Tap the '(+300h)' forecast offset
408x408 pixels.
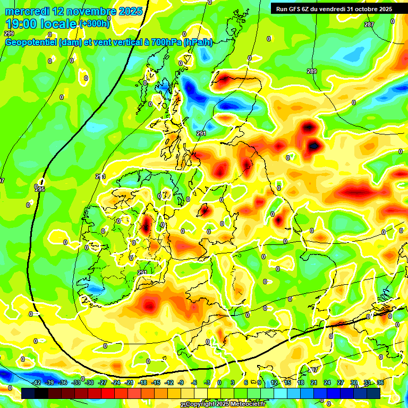[x=95, y=24]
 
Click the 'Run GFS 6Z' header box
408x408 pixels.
[x=297, y=9]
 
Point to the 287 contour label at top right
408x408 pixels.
[x=369, y=25]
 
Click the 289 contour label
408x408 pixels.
[x=312, y=71]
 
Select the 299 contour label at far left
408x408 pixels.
[x=9, y=33]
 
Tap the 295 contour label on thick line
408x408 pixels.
[x=40, y=189]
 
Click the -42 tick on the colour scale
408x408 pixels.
[x=36, y=382]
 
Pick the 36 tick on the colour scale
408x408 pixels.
[x=380, y=382]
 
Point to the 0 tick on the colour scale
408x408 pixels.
[x=219, y=382]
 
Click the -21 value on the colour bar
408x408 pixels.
[x=129, y=382]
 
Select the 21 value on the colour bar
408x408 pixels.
[x=314, y=382]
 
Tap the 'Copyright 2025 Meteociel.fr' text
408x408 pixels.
[x=226, y=404]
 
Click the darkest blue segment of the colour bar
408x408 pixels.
[x=373, y=393]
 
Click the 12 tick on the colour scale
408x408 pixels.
[x=274, y=382]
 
